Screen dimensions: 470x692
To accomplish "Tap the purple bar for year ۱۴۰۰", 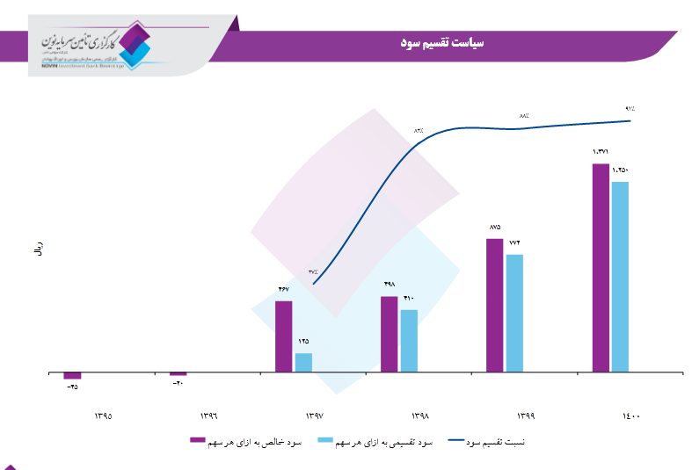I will (600, 268).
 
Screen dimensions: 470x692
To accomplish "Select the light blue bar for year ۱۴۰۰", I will (620, 277).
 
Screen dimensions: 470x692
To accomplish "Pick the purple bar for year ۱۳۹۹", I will (494, 306).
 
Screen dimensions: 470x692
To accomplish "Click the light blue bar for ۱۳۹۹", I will (514, 314).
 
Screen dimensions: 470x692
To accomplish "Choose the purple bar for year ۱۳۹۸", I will (389, 335).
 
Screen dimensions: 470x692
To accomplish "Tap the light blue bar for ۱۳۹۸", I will (409, 341).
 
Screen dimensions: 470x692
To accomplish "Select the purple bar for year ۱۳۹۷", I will (283, 336).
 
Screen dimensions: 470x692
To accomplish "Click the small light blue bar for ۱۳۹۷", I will (303, 363).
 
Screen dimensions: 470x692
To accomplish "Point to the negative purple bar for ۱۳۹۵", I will (72, 377).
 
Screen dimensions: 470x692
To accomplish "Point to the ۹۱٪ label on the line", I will (630, 108).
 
